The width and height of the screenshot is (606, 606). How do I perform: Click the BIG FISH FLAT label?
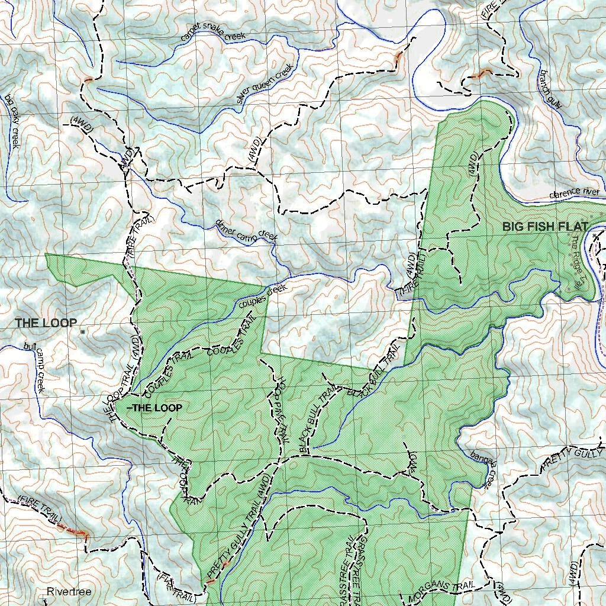click(x=545, y=227)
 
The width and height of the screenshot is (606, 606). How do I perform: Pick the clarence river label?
click(x=573, y=193)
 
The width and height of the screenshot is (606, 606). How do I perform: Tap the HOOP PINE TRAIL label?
click(x=279, y=409)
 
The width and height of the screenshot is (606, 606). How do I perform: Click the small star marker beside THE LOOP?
click(x=83, y=333)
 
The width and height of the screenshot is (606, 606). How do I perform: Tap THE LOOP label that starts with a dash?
click(x=154, y=408)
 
